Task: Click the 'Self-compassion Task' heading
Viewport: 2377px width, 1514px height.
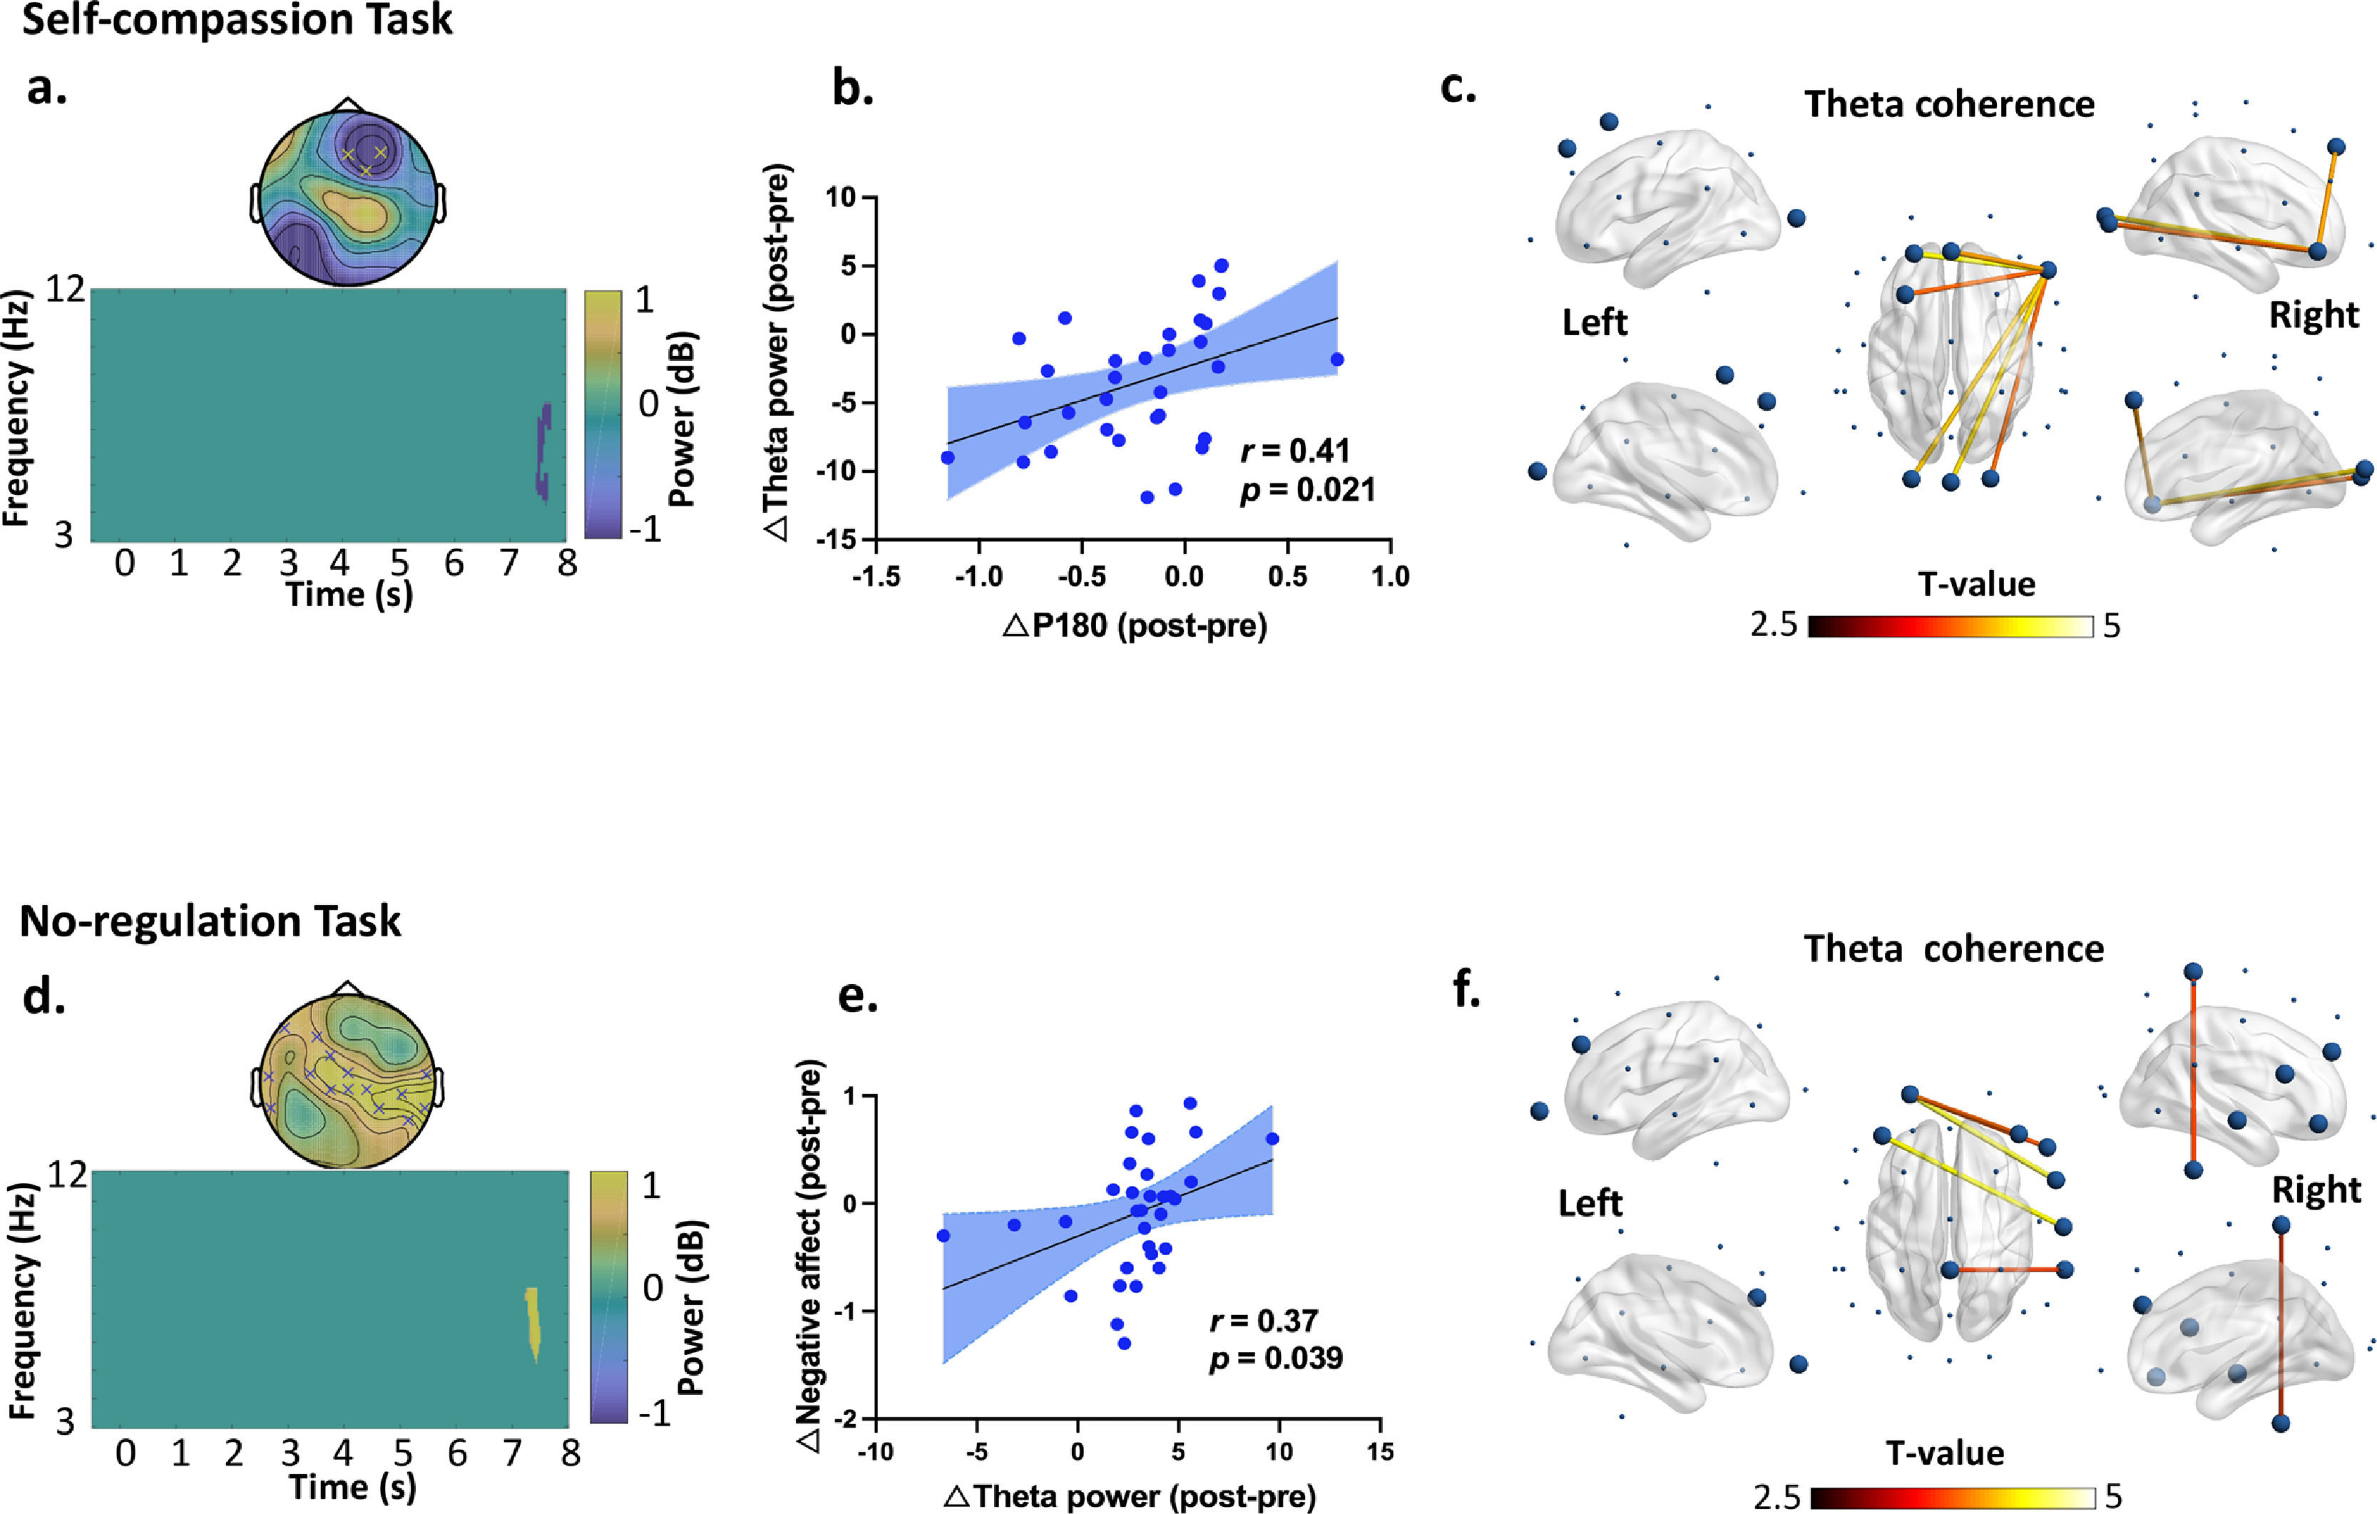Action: tap(237, 20)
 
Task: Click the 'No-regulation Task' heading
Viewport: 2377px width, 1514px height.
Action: tap(210, 921)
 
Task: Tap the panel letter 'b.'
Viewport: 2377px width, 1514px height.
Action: tap(852, 89)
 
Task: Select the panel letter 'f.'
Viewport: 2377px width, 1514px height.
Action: tap(1467, 990)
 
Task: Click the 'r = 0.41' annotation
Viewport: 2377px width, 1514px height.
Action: tap(1294, 451)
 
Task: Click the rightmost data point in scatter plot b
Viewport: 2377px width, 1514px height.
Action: tap(1336, 359)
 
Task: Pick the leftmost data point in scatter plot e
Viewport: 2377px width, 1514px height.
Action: tap(943, 1236)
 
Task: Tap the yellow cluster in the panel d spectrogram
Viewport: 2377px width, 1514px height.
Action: tap(533, 1323)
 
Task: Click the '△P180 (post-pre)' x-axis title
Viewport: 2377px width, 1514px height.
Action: tap(1134, 625)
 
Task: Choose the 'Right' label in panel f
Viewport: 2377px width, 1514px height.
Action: tap(2316, 1190)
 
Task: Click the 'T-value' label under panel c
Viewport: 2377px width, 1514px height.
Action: tap(1976, 584)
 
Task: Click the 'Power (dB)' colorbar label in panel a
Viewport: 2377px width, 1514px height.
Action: tap(681, 419)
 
